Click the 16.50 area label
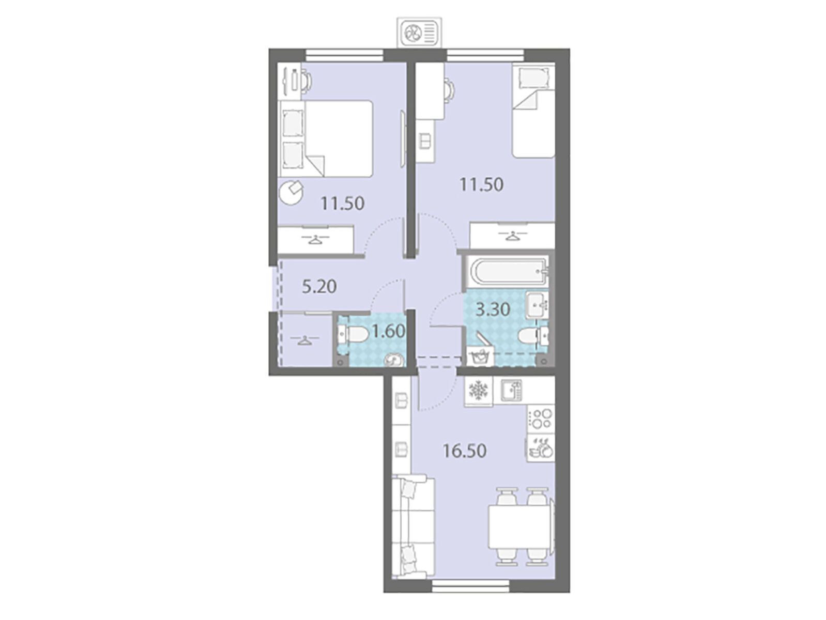[465, 451]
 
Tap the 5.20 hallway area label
[319, 287]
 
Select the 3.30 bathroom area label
[493, 310]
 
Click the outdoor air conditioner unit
[420, 34]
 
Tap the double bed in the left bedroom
[326, 138]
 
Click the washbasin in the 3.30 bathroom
[538, 304]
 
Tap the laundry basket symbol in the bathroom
[480, 353]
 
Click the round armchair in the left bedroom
[291, 192]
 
